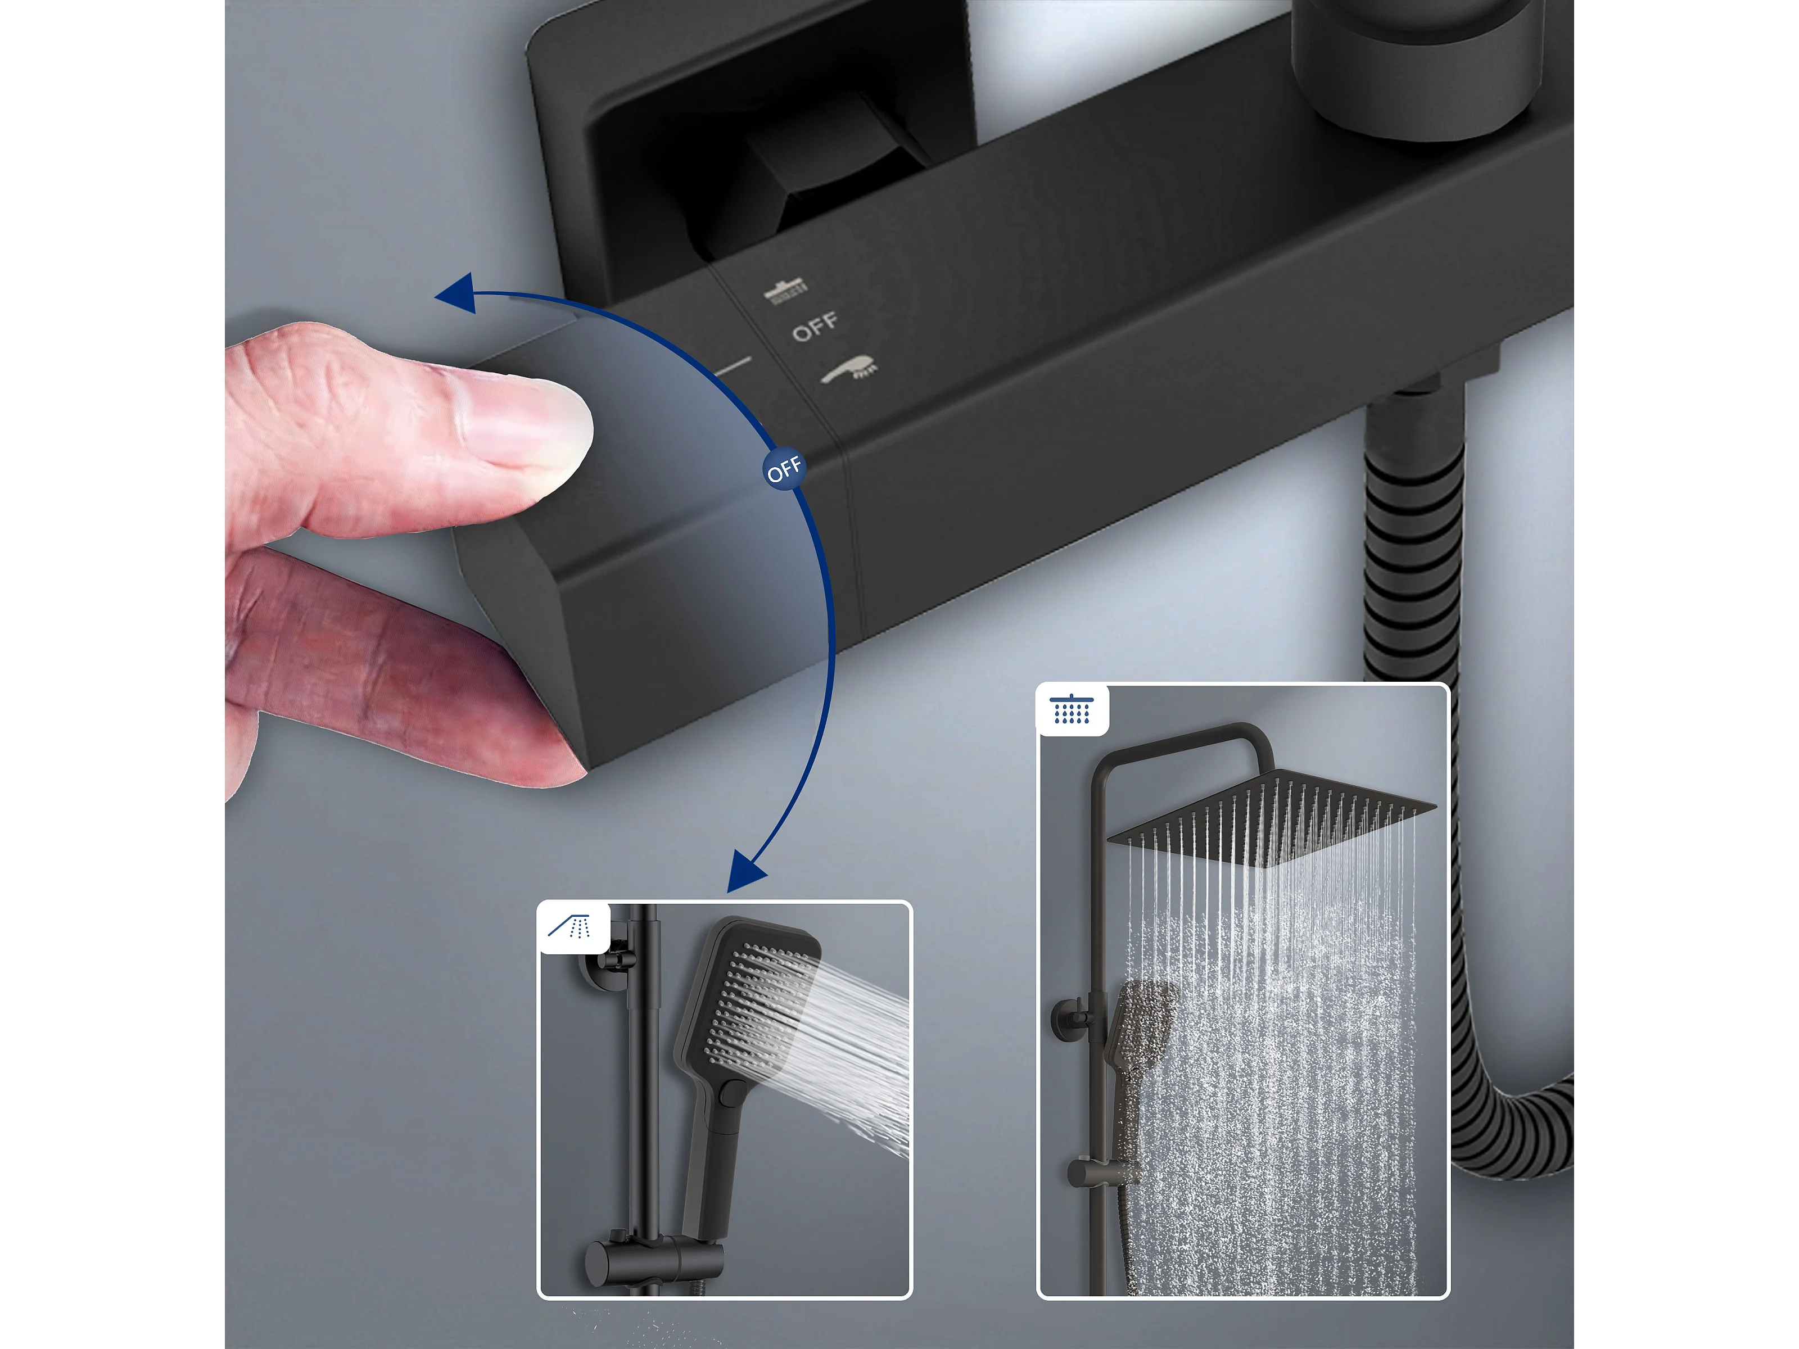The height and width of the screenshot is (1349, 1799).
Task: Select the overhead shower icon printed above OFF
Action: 785,290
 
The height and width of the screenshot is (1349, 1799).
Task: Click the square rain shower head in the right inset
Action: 1271,816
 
